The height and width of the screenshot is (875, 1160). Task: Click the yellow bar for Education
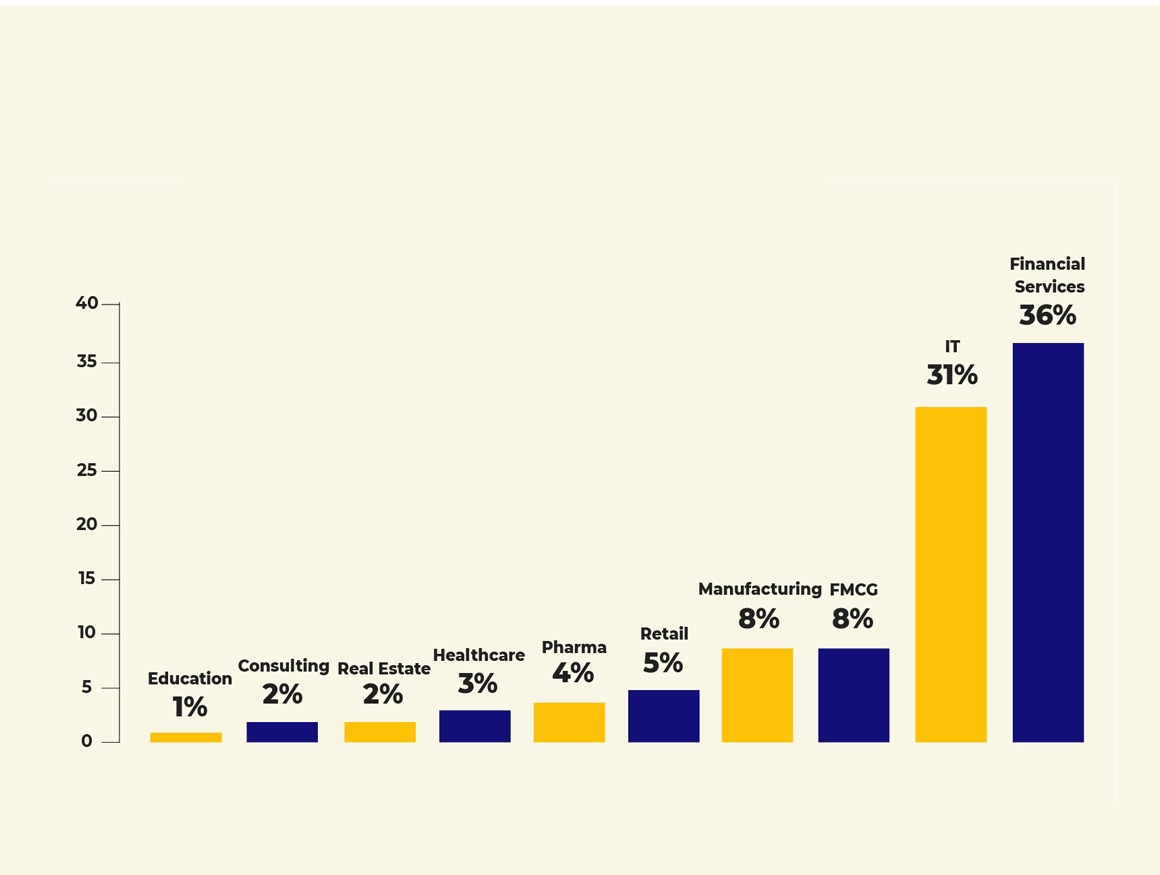[186, 737]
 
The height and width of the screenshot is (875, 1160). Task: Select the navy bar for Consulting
[282, 732]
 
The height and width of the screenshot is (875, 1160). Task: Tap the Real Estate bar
[380, 732]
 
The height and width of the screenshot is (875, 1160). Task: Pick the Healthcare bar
[475, 726]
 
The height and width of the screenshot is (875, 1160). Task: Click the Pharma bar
[569, 722]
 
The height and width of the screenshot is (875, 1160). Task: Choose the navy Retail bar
[664, 716]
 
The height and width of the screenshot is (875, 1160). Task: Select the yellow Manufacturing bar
[757, 695]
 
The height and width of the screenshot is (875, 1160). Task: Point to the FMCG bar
[853, 695]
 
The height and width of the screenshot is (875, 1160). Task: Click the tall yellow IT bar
[951, 574]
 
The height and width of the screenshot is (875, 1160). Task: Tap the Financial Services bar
[1048, 542]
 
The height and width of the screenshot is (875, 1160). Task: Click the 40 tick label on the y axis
[87, 303]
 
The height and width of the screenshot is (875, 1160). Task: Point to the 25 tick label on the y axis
[87, 470]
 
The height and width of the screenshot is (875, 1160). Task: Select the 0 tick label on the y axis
[87, 741]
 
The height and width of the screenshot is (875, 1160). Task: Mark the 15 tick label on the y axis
[87, 579]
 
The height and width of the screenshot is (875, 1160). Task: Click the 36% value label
[1047, 315]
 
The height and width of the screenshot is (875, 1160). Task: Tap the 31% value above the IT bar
[952, 375]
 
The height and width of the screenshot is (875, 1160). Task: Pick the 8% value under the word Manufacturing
[759, 619]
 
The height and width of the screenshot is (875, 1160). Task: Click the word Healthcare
[478, 655]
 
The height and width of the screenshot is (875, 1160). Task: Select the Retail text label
[664, 634]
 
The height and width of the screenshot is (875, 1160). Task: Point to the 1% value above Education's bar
[189, 707]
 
